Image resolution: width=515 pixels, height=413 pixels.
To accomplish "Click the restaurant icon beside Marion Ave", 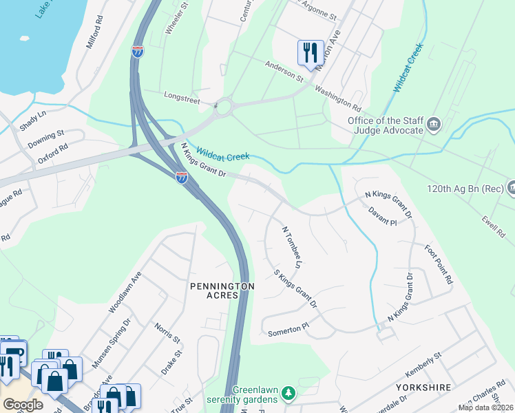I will coord(310,52).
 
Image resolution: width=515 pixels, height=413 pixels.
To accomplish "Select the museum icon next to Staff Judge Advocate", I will coord(434,125).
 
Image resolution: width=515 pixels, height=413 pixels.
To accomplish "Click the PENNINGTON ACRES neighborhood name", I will coord(222,290).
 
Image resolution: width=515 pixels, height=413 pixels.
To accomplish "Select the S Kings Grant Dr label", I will coord(296,288).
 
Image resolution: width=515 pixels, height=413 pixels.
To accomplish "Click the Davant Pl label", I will coord(382,217).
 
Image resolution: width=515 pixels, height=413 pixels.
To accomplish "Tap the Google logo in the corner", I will coord(23,404).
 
